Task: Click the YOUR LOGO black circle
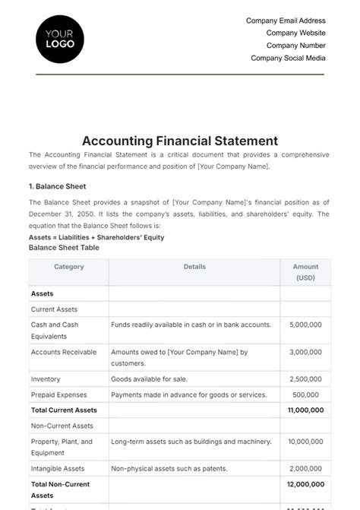(x=60, y=39)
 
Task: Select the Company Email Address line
(x=286, y=21)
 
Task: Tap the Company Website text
(x=295, y=33)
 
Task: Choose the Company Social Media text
(x=288, y=58)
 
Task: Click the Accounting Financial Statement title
(x=180, y=141)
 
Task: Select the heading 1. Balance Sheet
(x=58, y=186)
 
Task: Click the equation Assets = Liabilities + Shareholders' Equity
(x=96, y=237)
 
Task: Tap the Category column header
(x=69, y=268)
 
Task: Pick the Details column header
(x=195, y=268)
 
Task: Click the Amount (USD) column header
(x=306, y=272)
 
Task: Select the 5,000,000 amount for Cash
(x=306, y=325)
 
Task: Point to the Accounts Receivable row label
(x=64, y=352)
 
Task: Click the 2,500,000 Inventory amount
(x=306, y=379)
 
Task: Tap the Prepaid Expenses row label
(x=59, y=394)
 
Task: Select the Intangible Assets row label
(x=58, y=469)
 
